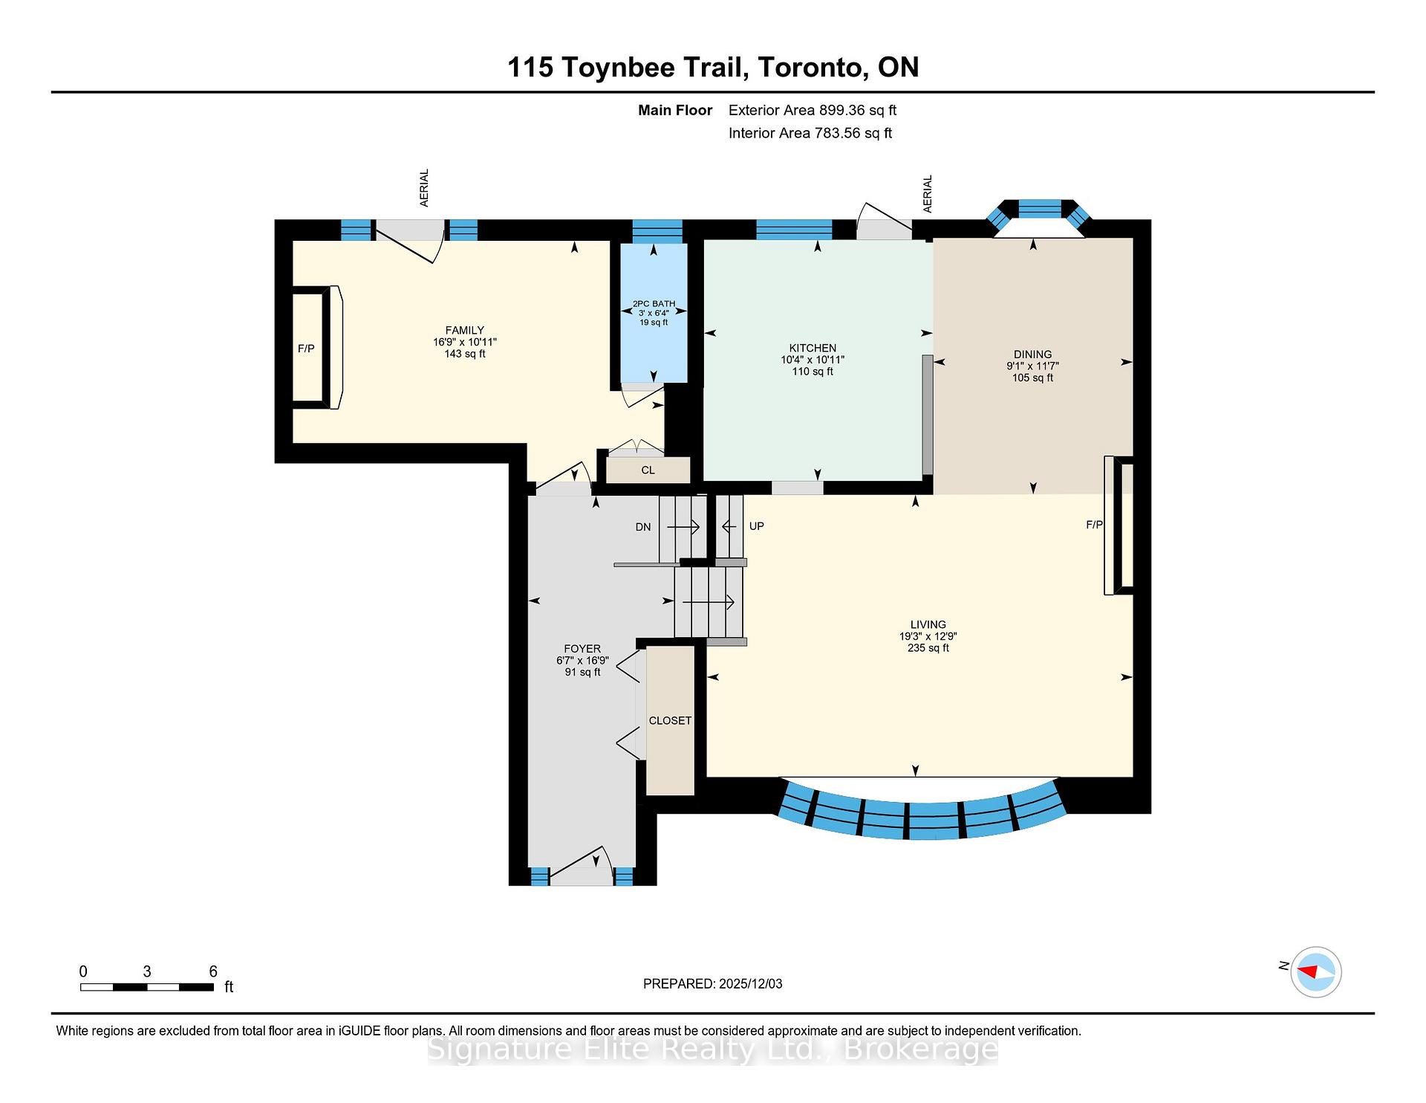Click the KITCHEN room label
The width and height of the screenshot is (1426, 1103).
coord(813,348)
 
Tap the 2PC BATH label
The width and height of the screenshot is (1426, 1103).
coord(654,304)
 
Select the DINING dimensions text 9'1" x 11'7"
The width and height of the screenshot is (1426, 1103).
coord(1032,366)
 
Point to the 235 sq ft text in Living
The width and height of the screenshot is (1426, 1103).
coord(928,648)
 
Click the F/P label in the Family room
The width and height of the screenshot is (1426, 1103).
coord(306,349)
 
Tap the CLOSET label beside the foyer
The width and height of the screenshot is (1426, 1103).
coord(670,721)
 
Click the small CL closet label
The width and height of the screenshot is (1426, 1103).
coord(648,470)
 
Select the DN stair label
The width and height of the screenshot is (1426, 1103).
coord(643,527)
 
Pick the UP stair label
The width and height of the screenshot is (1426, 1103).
coord(756,526)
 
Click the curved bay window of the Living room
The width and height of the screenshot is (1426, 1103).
coord(921,818)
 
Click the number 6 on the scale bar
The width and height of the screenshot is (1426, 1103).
coord(213,971)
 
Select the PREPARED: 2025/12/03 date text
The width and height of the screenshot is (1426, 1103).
coord(712,984)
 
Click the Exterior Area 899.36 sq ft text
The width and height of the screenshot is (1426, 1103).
coord(812,111)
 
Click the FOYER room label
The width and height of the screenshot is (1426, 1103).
coord(582,649)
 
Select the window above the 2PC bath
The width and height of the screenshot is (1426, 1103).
coord(657,230)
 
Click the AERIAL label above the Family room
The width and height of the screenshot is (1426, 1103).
coord(425,188)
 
